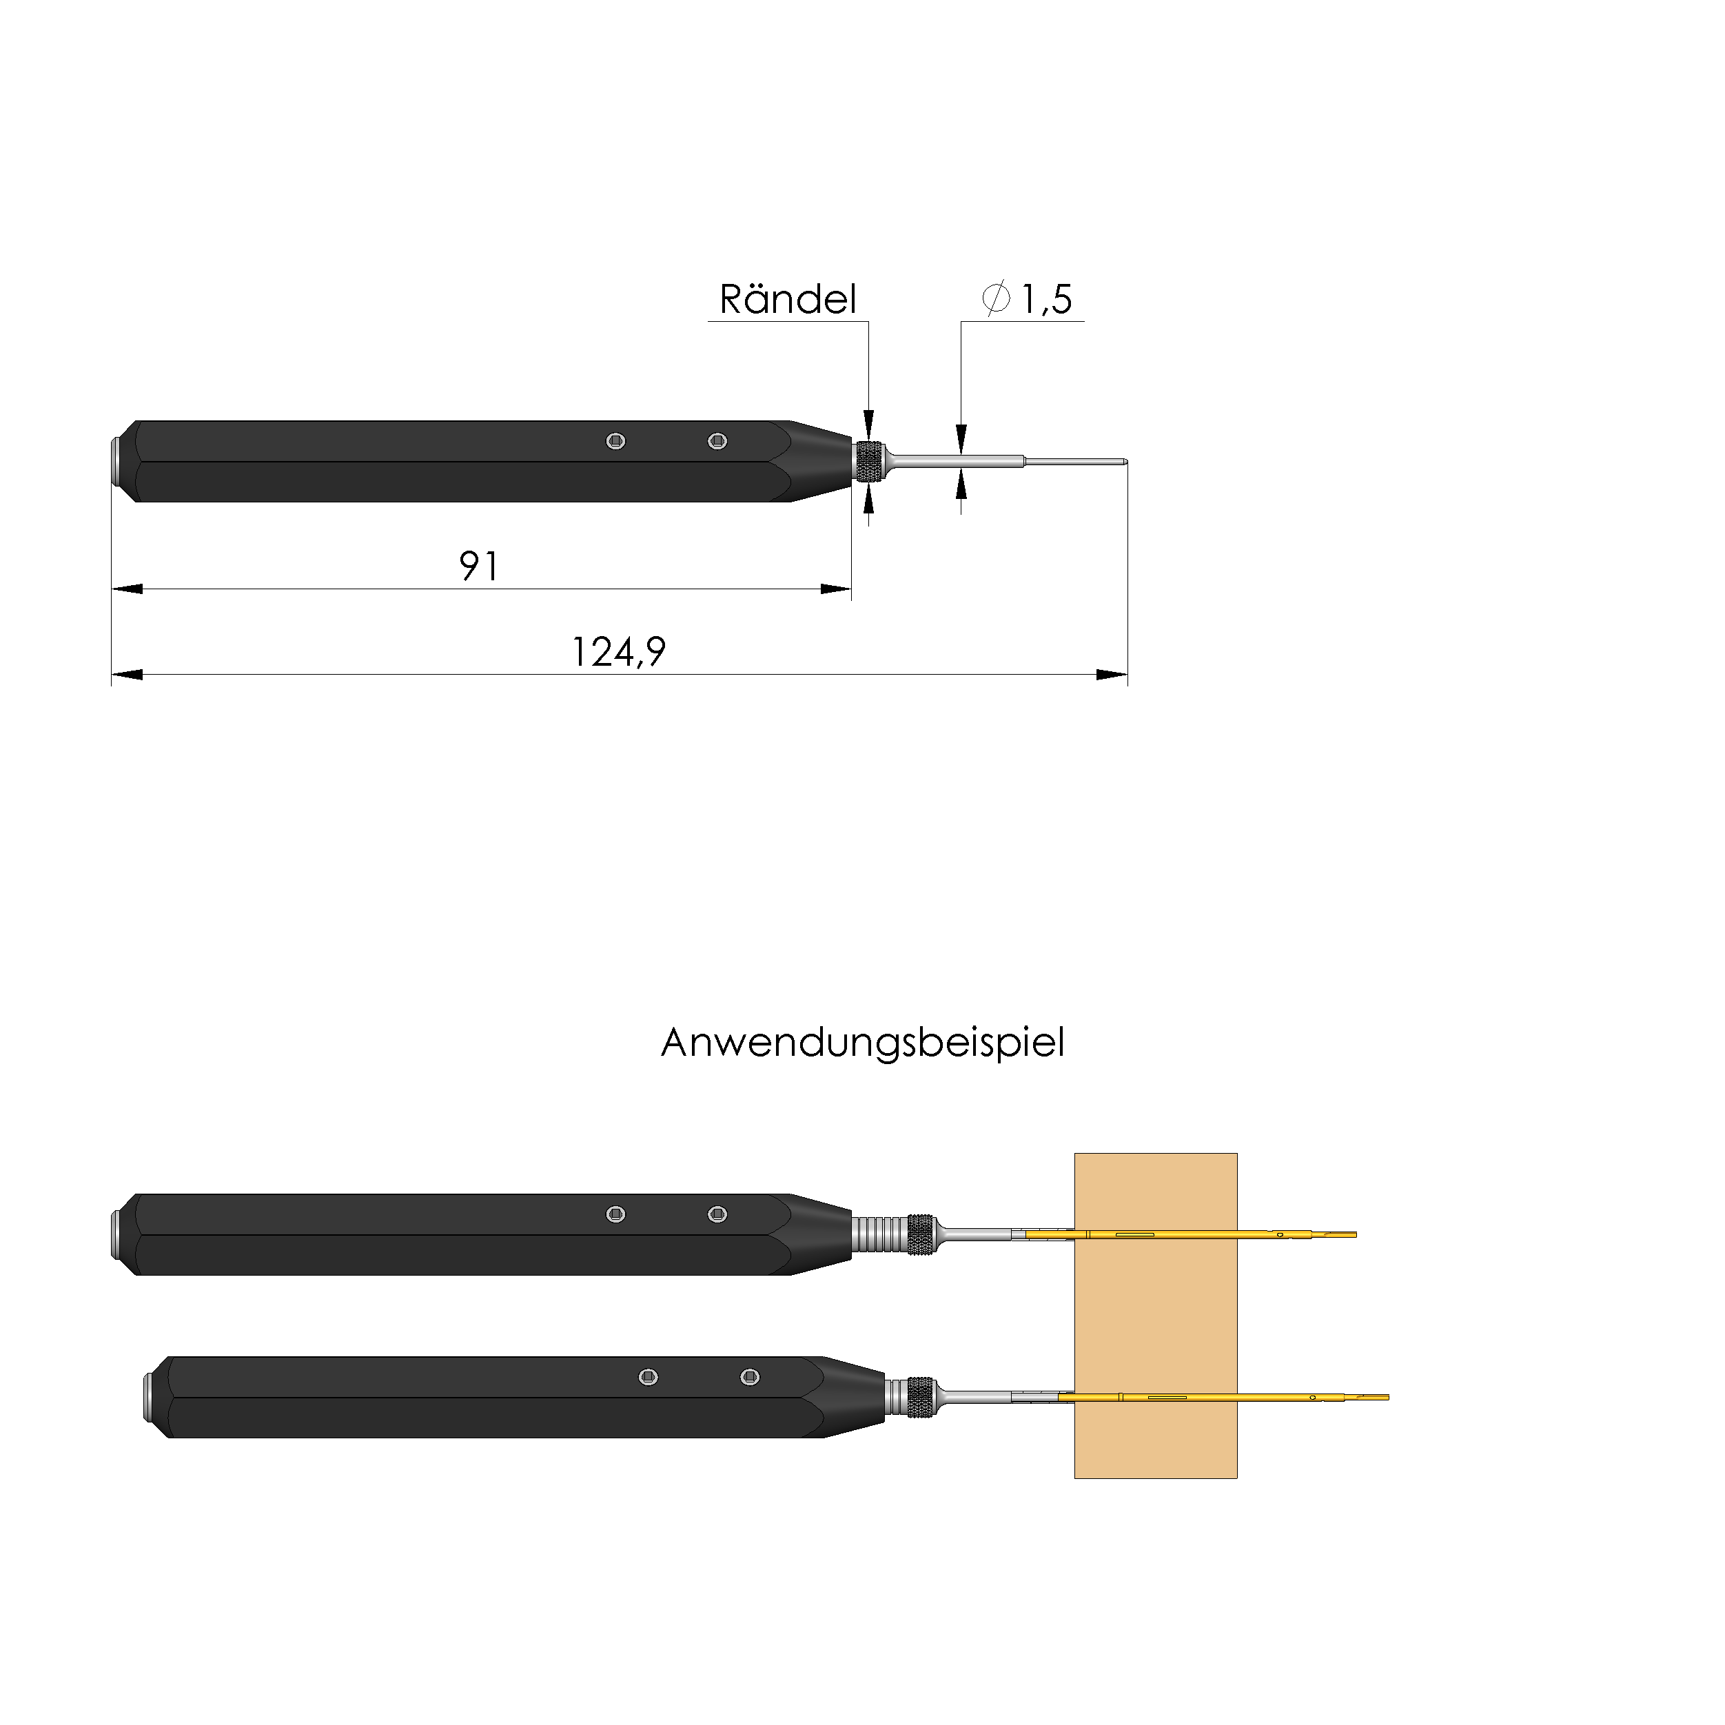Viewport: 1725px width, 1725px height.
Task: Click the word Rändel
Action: [x=788, y=299]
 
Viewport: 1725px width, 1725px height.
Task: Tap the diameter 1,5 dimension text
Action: [x=1027, y=299]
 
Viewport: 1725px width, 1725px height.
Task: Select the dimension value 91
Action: [x=480, y=566]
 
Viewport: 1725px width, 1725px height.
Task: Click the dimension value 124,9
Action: [x=618, y=652]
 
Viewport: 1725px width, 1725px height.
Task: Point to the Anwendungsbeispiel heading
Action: [x=863, y=1043]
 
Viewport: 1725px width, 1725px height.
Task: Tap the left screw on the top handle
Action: [x=615, y=441]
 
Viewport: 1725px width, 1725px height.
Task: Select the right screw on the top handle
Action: [x=717, y=441]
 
